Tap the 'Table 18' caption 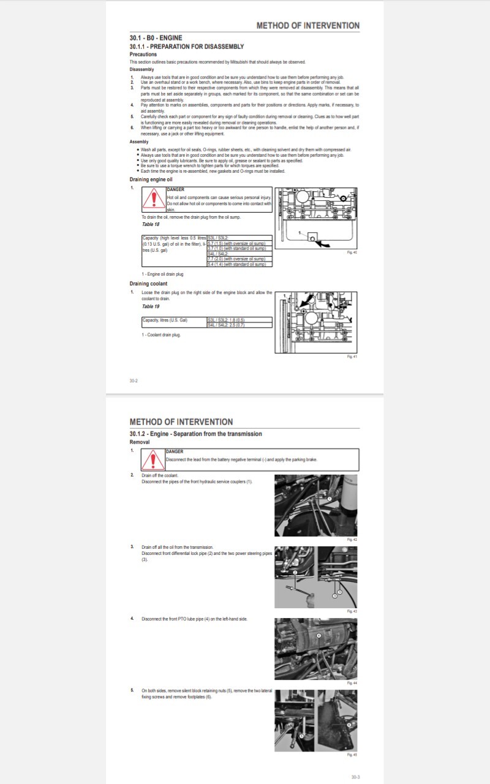point(151,224)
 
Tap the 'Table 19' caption point(151,306)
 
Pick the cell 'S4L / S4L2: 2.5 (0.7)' point(227,325)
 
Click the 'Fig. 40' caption point(352,252)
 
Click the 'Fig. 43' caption point(352,611)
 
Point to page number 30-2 point(134,381)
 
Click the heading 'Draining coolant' point(148,284)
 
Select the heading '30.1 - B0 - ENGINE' point(156,38)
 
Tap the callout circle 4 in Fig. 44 point(318,636)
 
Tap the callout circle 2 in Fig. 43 point(295,572)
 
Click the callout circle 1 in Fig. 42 point(329,499)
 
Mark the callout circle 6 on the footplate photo point(349,724)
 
